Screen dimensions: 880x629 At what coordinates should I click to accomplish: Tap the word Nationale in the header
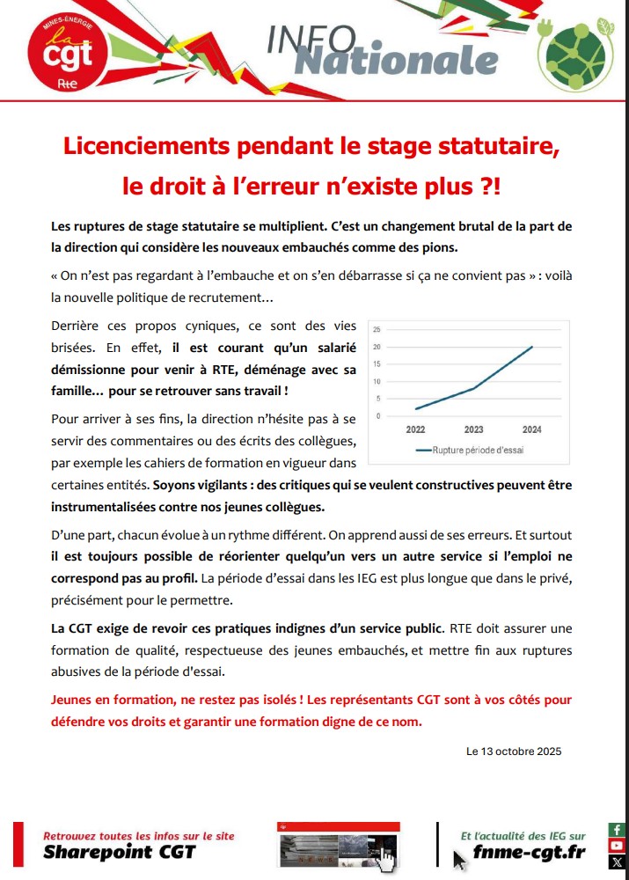[395, 60]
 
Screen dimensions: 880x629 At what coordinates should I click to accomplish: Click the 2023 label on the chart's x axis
[474, 430]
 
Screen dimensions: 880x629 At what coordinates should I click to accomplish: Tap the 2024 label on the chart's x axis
[530, 430]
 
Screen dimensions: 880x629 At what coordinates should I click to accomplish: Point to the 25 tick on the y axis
[377, 329]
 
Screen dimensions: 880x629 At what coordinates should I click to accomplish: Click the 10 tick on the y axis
[377, 381]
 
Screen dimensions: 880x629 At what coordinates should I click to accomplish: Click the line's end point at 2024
[531, 347]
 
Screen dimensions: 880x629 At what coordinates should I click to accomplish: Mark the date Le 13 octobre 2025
[513, 752]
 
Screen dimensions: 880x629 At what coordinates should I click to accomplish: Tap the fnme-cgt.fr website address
[529, 852]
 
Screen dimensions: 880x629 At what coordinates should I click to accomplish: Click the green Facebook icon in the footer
[617, 830]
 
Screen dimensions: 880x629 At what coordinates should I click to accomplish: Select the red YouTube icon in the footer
[617, 846]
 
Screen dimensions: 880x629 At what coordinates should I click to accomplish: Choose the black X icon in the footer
[617, 862]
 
